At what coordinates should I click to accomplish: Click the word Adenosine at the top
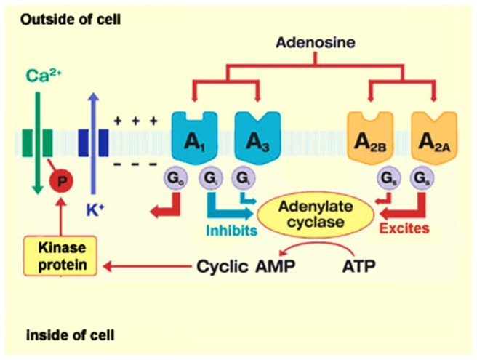[316, 42]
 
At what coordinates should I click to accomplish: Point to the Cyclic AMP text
[238, 265]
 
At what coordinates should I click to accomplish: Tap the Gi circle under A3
[241, 177]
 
